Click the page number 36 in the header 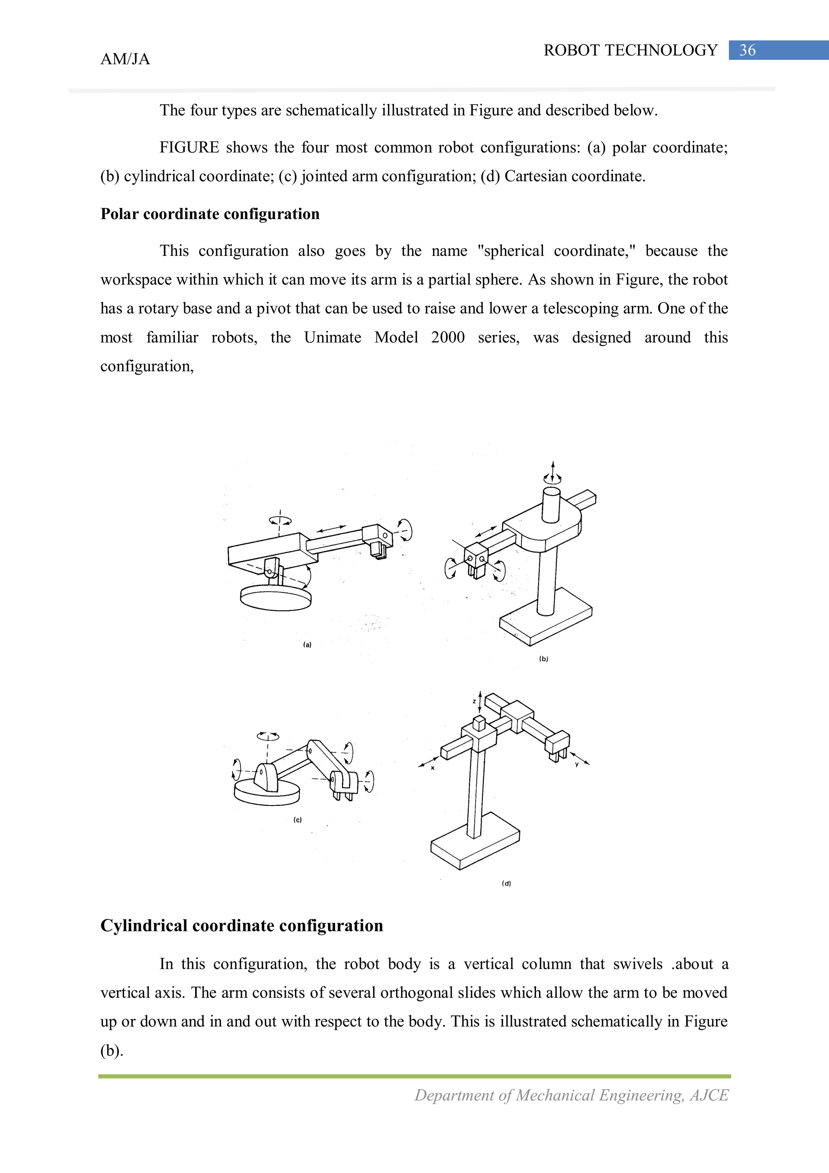(x=747, y=50)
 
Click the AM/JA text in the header (x=125, y=59)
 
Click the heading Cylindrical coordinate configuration (x=242, y=926)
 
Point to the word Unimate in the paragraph (x=332, y=337)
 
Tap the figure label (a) (x=307, y=645)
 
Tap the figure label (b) (x=544, y=659)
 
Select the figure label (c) (x=297, y=820)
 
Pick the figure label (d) (x=506, y=883)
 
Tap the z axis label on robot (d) (x=474, y=701)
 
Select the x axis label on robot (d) (x=433, y=768)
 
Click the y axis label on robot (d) (x=577, y=765)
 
